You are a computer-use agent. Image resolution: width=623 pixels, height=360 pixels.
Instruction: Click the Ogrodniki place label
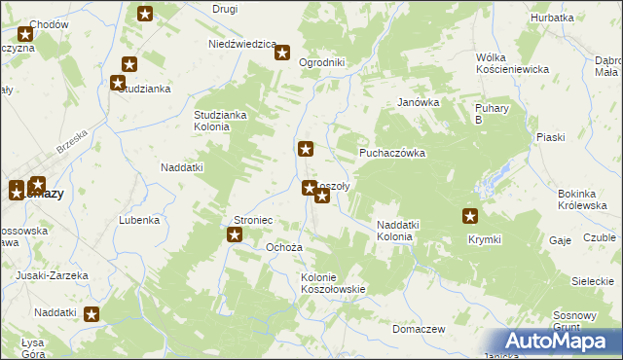[322, 62]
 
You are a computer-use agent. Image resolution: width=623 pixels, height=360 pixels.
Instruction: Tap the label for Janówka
[419, 101]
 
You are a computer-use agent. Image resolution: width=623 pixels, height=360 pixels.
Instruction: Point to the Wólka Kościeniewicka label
[513, 63]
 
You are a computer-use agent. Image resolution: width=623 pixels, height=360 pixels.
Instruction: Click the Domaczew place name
[419, 329]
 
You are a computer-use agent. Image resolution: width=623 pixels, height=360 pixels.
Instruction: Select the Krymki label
[484, 239]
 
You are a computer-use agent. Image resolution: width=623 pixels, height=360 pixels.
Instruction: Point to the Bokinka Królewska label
[582, 199]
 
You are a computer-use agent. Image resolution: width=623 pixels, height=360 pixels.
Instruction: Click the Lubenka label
[139, 220]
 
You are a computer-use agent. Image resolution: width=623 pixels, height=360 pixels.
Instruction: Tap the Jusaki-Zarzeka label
[52, 275]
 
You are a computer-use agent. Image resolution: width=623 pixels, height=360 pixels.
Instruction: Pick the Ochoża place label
[284, 247]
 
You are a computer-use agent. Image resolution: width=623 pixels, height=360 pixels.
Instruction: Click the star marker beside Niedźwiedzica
[282, 54]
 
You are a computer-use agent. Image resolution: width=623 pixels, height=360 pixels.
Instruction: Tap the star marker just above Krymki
[470, 217]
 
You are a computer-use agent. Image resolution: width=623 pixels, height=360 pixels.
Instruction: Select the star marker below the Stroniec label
[235, 234]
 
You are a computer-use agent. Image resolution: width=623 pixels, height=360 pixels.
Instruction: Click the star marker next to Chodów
[25, 35]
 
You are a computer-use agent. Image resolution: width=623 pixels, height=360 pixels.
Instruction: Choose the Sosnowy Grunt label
[573, 321]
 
